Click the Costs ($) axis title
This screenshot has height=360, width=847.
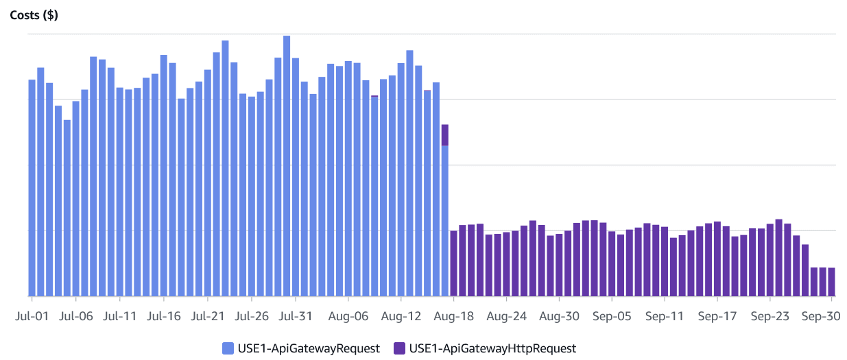(x=34, y=15)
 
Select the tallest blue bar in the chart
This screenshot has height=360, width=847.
(x=287, y=165)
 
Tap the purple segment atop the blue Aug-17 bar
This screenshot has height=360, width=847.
(x=444, y=134)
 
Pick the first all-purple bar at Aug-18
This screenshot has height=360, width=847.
(x=453, y=263)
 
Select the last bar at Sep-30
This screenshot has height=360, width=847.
(x=831, y=282)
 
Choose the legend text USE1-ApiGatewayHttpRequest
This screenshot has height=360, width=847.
(x=492, y=348)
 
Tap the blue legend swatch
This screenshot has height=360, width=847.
(x=228, y=348)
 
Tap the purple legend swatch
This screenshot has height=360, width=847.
(x=399, y=348)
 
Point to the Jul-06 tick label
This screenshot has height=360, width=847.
(x=76, y=317)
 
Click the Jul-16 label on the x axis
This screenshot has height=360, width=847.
(x=164, y=317)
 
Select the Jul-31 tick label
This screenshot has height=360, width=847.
(x=296, y=317)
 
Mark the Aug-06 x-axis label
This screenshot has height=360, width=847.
(x=348, y=317)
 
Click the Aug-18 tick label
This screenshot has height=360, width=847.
(x=453, y=317)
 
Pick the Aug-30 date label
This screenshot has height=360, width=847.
(x=559, y=317)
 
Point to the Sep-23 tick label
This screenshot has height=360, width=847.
(x=770, y=317)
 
